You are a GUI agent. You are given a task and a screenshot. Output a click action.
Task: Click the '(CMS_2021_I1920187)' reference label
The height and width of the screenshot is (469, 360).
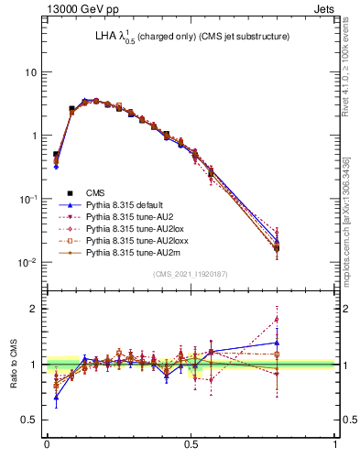tap(191, 274)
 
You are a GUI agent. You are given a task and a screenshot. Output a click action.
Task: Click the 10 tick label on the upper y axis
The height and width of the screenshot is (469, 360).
tap(30, 71)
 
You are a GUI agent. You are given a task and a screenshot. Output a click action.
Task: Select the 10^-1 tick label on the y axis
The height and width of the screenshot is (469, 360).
tap(27, 199)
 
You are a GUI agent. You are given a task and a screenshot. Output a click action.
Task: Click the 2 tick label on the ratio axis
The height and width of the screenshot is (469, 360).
tap(34, 309)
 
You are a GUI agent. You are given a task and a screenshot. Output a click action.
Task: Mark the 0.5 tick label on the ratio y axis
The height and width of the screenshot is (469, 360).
tap(29, 420)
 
